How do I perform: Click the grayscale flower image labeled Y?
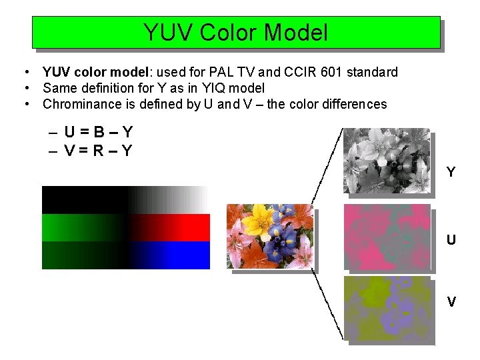pos(387,161)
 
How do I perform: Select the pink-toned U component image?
pos(387,236)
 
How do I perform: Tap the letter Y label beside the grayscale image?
pos(451,173)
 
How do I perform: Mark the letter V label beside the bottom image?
pos(451,302)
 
